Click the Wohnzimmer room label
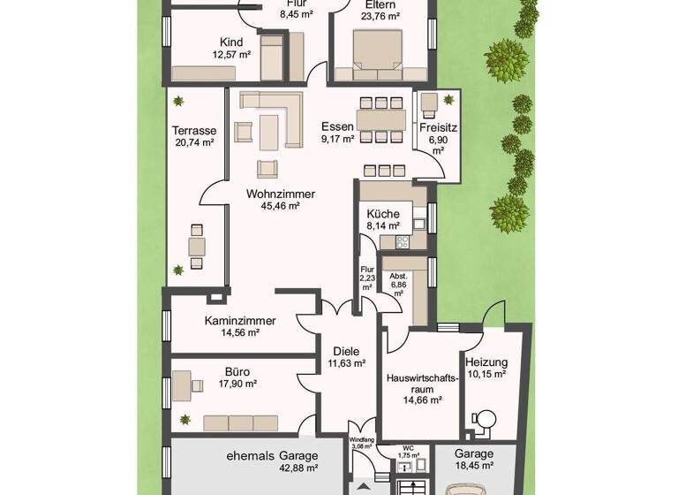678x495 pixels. [281, 194]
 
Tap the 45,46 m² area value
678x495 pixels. [281, 206]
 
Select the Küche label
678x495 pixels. [383, 214]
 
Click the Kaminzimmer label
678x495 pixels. [240, 321]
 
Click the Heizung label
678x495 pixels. [486, 362]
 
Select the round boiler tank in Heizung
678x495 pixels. [484, 418]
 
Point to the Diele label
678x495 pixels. [345, 351]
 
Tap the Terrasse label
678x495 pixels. [194, 130]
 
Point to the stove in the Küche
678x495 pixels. [403, 241]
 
